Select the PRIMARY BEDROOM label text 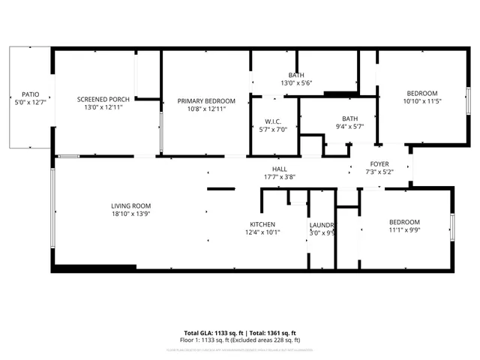coord(206,100)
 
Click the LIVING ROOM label coord(131,206)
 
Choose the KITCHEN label coord(262,224)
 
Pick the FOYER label coord(379,164)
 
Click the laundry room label coord(322,225)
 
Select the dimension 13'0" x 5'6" coord(296,83)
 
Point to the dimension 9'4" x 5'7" coord(349,127)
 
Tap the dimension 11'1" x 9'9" coord(404,230)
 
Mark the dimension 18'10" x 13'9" coord(131,214)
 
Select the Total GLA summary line coord(240,332)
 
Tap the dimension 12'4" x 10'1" coord(262,232)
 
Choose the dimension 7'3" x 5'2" coord(379,172)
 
